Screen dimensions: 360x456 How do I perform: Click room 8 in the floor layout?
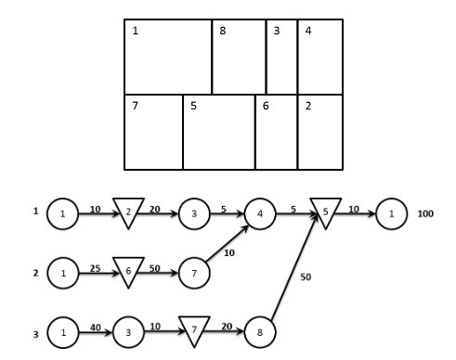coord(239,58)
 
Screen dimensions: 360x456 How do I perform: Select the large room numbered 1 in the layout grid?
coord(168,58)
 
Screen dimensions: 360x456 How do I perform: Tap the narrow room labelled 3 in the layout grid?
coord(281,58)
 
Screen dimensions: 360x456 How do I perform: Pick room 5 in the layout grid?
coord(219,132)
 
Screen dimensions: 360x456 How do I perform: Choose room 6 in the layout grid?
coord(276,132)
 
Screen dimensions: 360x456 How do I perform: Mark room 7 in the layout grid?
coord(153,132)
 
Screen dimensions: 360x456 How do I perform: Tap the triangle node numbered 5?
coord(326,211)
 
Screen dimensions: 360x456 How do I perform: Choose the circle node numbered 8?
coord(261,331)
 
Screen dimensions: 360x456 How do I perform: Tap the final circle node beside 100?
coord(391,212)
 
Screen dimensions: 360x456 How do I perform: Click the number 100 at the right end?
coord(425,212)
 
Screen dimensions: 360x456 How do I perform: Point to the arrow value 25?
coord(94,267)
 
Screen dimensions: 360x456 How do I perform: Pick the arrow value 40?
coord(94,327)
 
